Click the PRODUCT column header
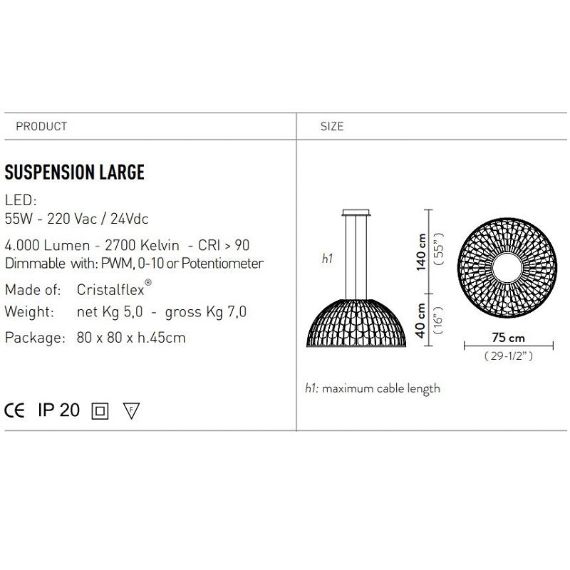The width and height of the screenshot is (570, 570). (x=41, y=126)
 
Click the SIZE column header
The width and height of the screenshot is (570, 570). (x=332, y=126)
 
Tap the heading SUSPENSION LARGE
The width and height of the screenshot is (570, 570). (x=75, y=172)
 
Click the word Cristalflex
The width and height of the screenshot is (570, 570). (x=110, y=290)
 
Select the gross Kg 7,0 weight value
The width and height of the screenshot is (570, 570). (x=206, y=312)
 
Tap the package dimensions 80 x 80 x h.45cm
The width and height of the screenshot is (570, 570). (x=130, y=338)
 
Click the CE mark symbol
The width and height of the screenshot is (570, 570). (x=16, y=410)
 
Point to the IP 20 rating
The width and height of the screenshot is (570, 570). (x=58, y=410)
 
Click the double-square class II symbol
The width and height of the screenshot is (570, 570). (x=100, y=411)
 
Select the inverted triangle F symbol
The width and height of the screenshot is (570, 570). (x=131, y=411)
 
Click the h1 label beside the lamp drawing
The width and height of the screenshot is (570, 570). (x=327, y=259)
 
